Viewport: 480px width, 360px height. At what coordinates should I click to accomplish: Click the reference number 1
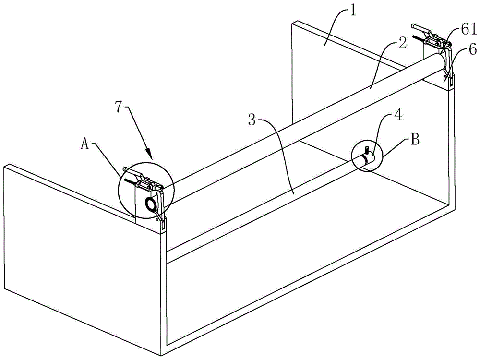coord(353,10)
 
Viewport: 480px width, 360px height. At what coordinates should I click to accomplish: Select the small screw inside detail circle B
coord(366,150)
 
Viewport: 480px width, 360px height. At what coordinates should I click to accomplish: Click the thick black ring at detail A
coord(152,204)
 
